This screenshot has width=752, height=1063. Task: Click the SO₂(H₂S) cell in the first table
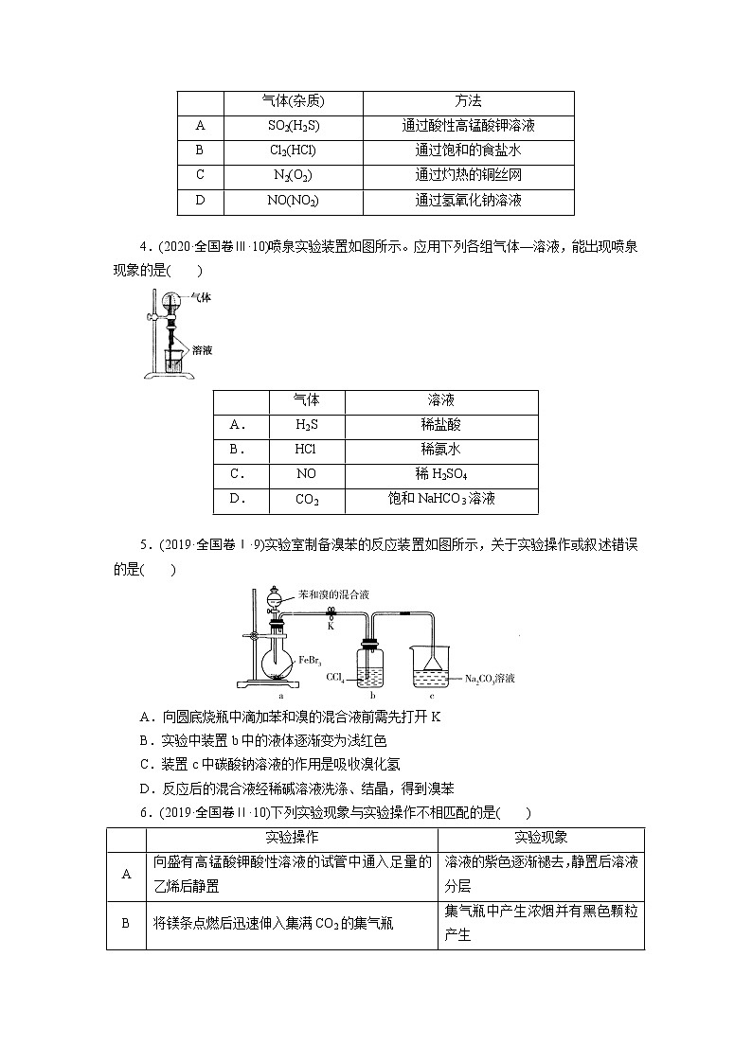[293, 126]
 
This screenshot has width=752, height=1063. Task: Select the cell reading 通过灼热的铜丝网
[468, 175]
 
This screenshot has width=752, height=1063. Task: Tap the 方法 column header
[468, 101]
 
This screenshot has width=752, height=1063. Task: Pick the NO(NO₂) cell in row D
[293, 201]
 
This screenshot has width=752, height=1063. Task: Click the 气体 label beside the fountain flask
[200, 296]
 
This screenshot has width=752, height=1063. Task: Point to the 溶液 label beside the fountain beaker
[202, 349]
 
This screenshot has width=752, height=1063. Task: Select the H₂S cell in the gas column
[307, 426]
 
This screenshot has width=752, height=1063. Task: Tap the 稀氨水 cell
[441, 451]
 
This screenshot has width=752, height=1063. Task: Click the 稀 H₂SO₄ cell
[441, 474]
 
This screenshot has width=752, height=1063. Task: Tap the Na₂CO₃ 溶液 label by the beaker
[489, 678]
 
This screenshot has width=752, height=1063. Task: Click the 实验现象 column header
[540, 839]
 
